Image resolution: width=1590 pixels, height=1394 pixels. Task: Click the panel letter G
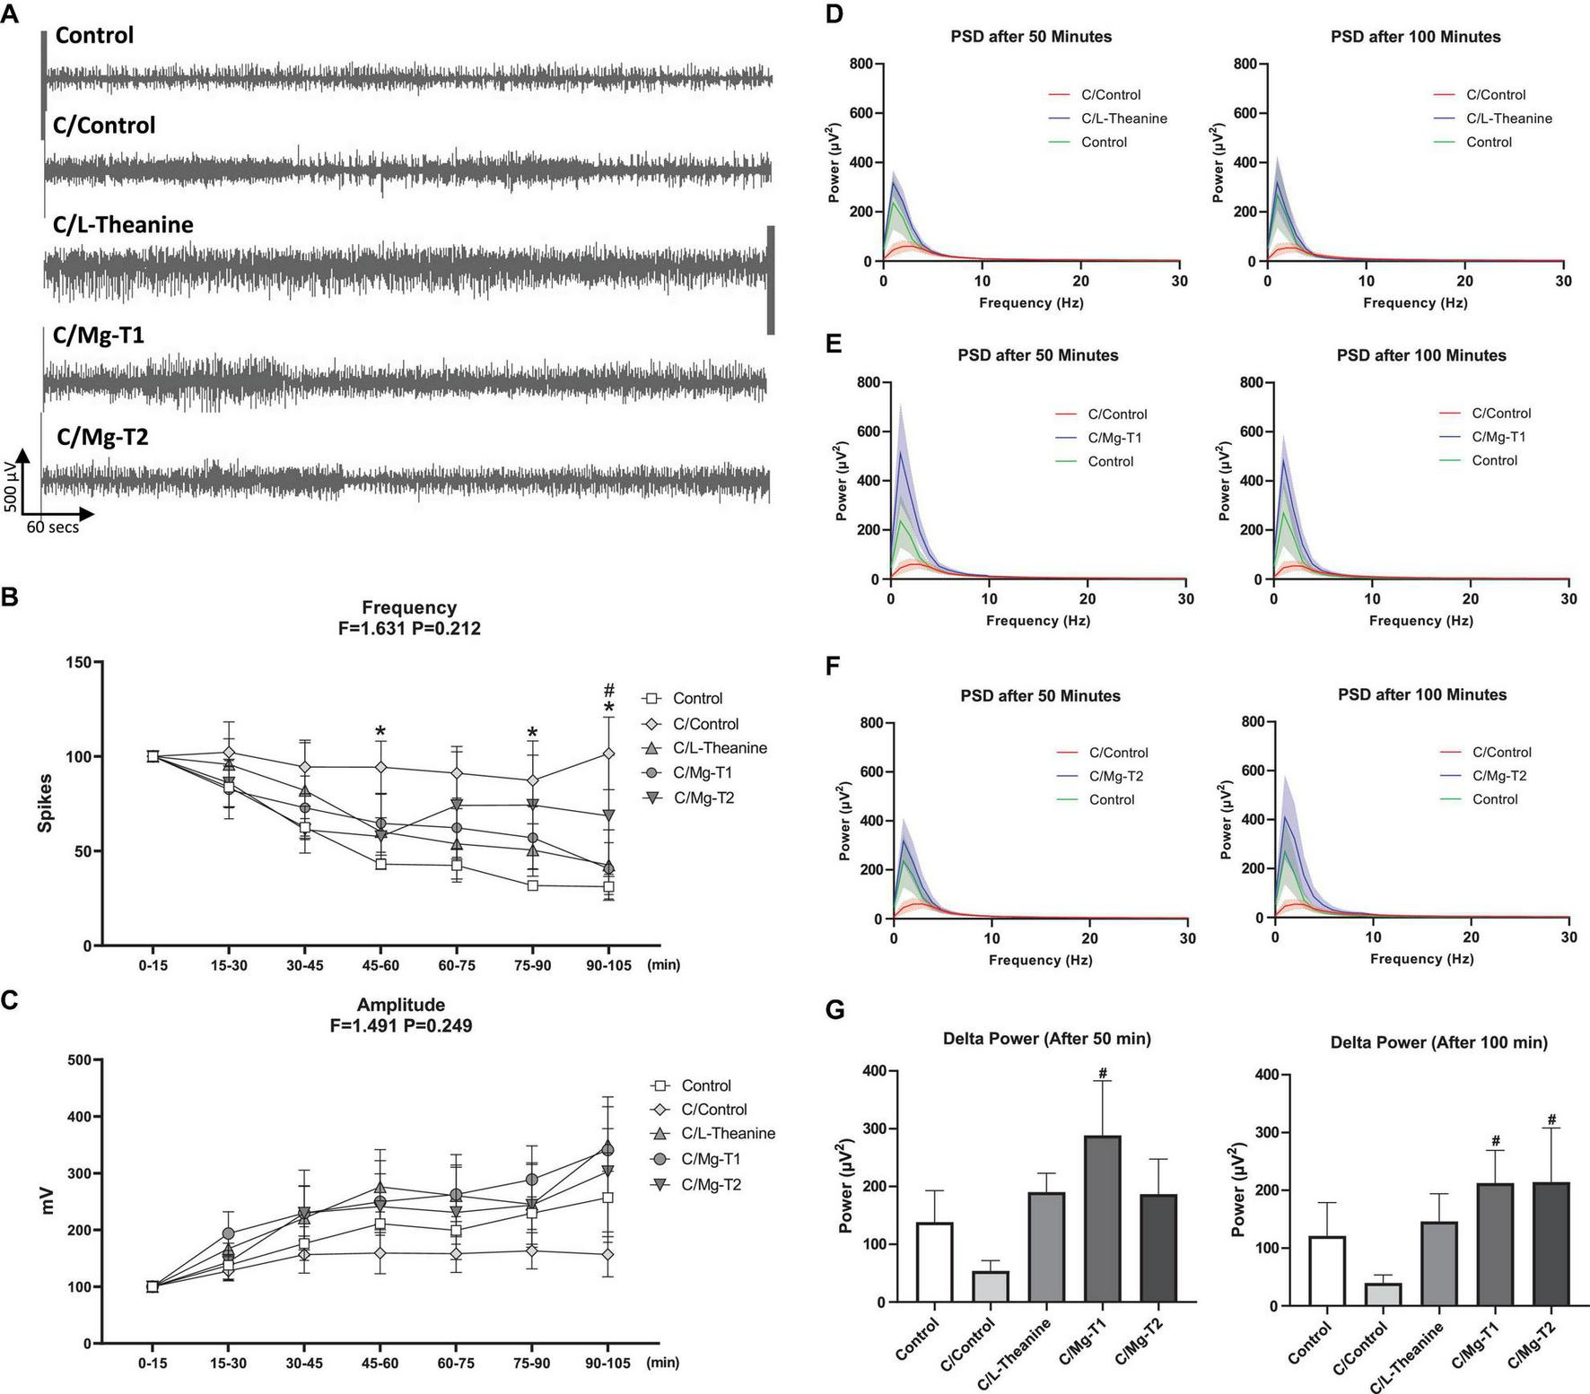[834, 1010]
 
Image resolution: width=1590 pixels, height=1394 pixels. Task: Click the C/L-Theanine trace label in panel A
[123, 224]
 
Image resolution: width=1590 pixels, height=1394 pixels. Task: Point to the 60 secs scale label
[52, 527]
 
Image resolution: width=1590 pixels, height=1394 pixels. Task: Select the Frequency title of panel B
[409, 607]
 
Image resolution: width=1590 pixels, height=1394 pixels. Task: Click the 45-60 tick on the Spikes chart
[380, 965]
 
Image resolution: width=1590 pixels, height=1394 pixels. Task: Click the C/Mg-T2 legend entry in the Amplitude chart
[711, 1184]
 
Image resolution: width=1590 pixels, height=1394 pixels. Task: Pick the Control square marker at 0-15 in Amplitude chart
[153, 1286]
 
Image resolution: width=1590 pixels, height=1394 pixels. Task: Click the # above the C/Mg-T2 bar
[1551, 1120]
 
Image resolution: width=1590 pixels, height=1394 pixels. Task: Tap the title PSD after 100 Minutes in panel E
[1421, 355]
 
